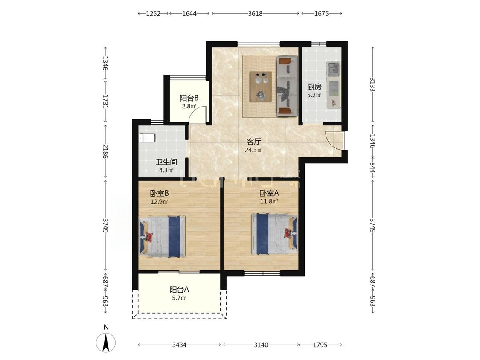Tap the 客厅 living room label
pos(254,142)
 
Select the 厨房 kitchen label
pos(314,87)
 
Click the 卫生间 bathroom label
pos(166,162)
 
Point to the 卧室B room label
pos(160,194)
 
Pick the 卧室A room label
pos(269,193)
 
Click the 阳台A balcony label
pos(179,289)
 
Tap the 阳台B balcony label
pos(189,98)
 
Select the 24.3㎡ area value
pos(254,150)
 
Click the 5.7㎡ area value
pos(179,298)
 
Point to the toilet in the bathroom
pos(147,138)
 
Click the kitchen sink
pos(333,69)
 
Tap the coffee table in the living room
pos(261,86)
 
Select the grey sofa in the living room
pos(288,86)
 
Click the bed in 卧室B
pos(163,237)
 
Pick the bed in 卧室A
pos(274,234)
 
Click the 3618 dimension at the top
pos(255,14)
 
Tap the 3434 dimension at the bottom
pos(179,345)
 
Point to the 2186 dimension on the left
pos(106,151)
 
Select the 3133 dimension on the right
pos(372,84)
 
